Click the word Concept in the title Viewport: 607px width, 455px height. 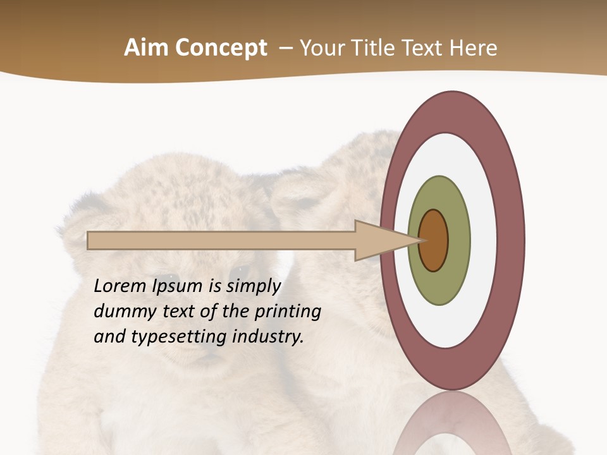coord(221,48)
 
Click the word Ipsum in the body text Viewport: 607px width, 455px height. coord(178,287)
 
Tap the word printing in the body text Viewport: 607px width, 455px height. coord(288,312)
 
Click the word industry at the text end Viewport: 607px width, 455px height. coord(268,337)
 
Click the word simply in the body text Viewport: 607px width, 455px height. coord(252,287)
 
